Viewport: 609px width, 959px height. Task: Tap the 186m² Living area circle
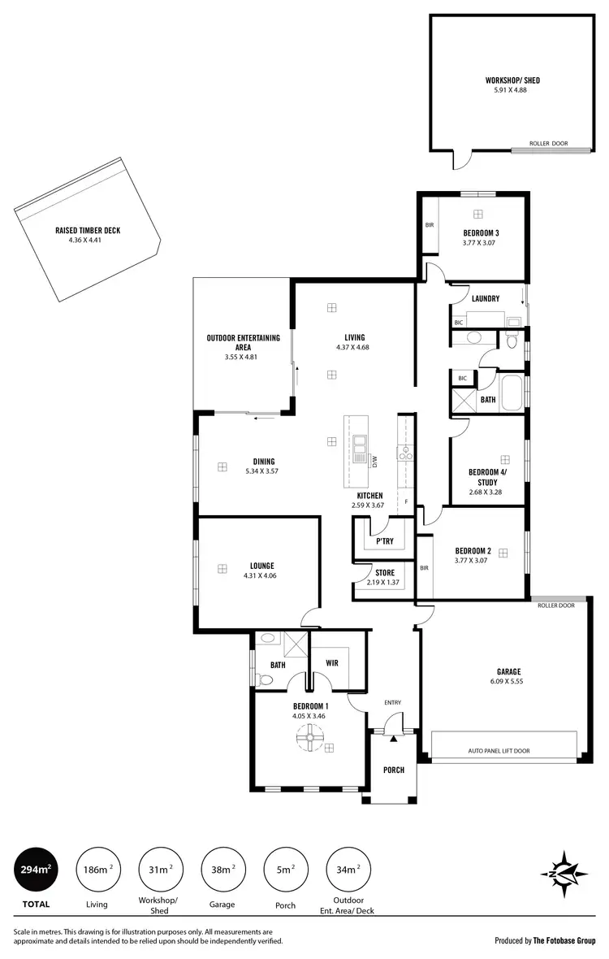96,869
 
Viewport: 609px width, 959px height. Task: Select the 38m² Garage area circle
222,869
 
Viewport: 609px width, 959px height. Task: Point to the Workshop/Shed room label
512,80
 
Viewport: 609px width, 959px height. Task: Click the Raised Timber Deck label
88,231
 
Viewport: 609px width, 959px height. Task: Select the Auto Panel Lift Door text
499,751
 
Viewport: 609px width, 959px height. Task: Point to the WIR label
331,663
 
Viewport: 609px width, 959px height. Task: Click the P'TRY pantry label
384,541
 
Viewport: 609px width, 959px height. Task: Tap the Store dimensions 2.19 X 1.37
385,583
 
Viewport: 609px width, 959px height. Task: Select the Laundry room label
486,299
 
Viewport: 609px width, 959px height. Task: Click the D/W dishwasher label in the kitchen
375,462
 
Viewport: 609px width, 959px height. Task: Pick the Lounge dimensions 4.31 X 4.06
261,576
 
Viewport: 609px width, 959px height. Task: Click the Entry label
393,703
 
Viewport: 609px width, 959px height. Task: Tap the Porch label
394,770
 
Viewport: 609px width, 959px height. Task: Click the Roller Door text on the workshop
549,144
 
